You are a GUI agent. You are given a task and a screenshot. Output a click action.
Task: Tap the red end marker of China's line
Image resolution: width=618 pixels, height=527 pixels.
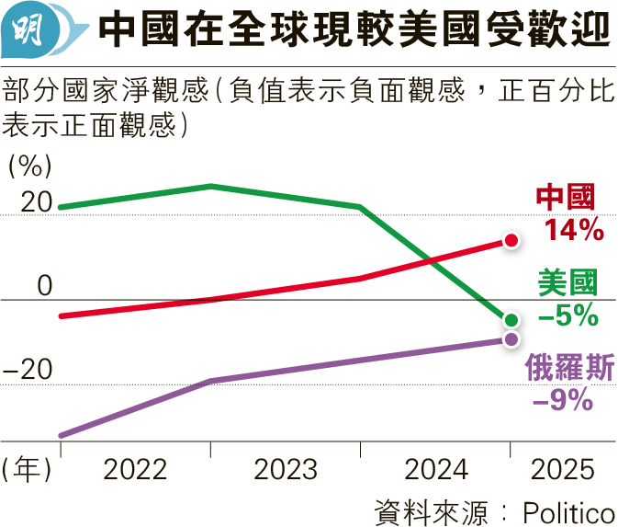pyautogui.click(x=511, y=240)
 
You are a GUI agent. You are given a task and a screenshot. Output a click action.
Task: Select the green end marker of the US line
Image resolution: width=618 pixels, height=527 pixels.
pyautogui.click(x=511, y=320)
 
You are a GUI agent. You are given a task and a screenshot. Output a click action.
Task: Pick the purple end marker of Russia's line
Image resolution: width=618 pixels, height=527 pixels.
pyautogui.click(x=511, y=339)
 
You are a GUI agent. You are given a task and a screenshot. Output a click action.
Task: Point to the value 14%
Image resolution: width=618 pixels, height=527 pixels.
pyautogui.click(x=572, y=229)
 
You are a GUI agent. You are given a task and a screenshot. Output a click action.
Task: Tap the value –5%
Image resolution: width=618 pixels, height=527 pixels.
pyautogui.click(x=567, y=315)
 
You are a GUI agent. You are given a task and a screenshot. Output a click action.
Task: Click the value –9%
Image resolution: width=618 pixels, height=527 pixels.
pyautogui.click(x=562, y=399)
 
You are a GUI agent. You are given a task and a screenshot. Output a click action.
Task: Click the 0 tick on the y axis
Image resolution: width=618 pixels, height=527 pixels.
pyautogui.click(x=45, y=286)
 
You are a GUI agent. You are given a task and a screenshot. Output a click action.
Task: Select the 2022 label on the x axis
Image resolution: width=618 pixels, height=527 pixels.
pyautogui.click(x=135, y=469)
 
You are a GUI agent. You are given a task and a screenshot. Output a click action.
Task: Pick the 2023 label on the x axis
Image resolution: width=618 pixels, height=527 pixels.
pyautogui.click(x=286, y=469)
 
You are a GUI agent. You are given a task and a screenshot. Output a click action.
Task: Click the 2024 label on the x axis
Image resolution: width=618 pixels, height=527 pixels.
pyautogui.click(x=436, y=469)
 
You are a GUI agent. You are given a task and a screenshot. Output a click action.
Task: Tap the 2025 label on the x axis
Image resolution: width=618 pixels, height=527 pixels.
pyautogui.click(x=563, y=469)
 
